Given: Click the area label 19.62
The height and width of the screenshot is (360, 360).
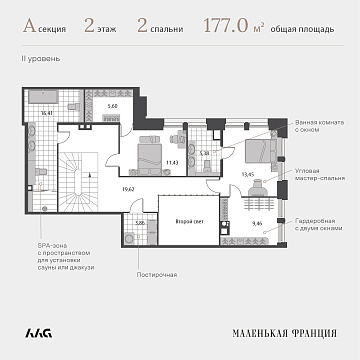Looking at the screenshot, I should coord(127,187).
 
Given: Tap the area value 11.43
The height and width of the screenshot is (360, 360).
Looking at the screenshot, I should coord(171,161).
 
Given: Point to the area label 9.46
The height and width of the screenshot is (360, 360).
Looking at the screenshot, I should coord(259,223).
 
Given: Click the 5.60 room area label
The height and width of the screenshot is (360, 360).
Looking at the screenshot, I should coord(112,105).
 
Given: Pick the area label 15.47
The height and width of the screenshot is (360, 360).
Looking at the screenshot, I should coord(46,113).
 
